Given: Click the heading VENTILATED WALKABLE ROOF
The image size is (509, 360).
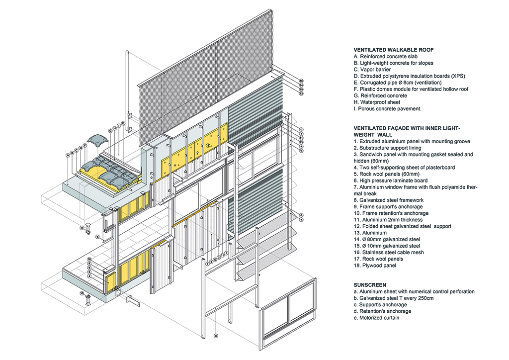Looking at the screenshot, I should click(x=394, y=50).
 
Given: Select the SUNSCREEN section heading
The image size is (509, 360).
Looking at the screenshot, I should click(x=370, y=284).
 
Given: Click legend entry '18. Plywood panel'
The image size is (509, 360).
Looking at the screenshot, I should click(x=375, y=265).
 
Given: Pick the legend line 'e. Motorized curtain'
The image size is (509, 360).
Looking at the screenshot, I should click(x=376, y=318).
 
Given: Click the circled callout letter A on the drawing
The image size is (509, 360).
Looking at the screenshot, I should click(x=67, y=155).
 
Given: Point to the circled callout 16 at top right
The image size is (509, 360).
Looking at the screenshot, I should click(x=301, y=80).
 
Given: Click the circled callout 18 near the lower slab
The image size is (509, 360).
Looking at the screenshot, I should click(x=89, y=259).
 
